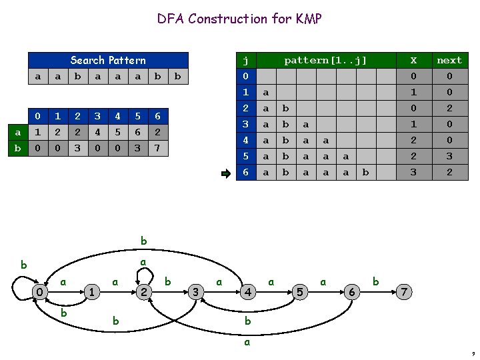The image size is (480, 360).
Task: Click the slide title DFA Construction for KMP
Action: [x=239, y=19]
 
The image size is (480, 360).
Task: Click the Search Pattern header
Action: [x=107, y=60]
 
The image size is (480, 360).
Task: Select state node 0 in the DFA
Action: [x=40, y=292]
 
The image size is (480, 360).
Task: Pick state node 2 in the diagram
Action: [x=144, y=292]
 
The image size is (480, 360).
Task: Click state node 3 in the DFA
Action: [x=195, y=292]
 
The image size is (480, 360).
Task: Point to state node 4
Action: [x=247, y=292]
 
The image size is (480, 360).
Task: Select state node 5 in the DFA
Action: [x=300, y=292]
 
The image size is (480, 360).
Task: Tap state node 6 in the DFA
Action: [x=352, y=292]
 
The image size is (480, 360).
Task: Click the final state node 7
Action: [x=405, y=292]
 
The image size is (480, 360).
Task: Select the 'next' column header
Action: [x=449, y=60]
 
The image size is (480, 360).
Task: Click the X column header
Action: [x=414, y=60]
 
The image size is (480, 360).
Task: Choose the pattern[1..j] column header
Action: [x=325, y=60]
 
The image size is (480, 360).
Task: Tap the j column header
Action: [x=245, y=60]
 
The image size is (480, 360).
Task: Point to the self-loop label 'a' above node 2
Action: [x=143, y=263]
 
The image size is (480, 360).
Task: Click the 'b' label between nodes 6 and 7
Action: [x=376, y=282]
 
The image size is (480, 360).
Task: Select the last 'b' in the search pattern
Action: [x=177, y=77]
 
